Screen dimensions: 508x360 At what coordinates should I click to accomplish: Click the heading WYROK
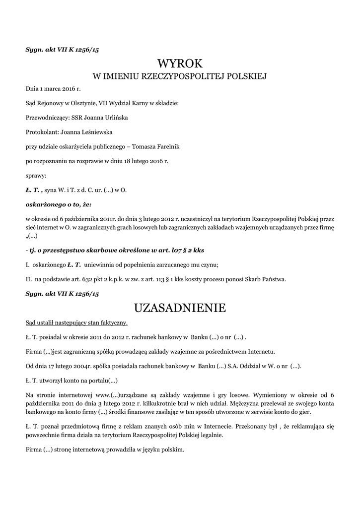(x=180, y=63)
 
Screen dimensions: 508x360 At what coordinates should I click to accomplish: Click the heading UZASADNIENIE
(x=180, y=308)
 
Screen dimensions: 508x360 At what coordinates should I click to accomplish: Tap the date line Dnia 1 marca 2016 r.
(x=53, y=89)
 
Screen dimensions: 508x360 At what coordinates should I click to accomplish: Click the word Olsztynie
(x=74, y=103)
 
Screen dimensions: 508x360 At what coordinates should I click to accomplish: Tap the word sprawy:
(x=36, y=176)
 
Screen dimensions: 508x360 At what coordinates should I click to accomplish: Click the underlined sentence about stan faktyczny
(x=76, y=323)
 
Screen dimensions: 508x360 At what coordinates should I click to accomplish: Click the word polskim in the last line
(x=171, y=449)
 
